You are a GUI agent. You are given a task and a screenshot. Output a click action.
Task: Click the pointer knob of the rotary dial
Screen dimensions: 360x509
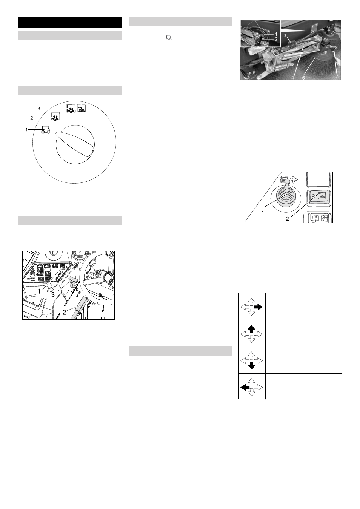pyautogui.click(x=75, y=144)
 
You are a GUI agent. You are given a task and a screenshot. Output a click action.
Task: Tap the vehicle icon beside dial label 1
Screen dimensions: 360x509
pyautogui.click(x=46, y=130)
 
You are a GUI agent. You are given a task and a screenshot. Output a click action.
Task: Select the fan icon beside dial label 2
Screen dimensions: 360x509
pyautogui.click(x=55, y=117)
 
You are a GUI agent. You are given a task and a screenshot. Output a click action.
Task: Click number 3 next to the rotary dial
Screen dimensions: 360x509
pyautogui.click(x=39, y=109)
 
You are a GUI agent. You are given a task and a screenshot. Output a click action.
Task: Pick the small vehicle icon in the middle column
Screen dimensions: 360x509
pyautogui.click(x=169, y=38)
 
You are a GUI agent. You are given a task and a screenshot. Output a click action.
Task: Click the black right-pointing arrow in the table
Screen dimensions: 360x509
pyautogui.click(x=258, y=307)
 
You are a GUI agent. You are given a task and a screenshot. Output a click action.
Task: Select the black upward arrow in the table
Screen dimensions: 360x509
pyautogui.click(x=251, y=329)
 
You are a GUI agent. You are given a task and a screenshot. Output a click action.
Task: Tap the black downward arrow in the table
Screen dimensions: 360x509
pyautogui.click(x=251, y=366)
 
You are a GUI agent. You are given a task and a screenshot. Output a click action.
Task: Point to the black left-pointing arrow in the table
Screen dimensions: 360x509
pyautogui.click(x=245, y=388)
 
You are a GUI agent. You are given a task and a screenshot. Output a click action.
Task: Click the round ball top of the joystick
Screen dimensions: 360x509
pyautogui.click(x=287, y=181)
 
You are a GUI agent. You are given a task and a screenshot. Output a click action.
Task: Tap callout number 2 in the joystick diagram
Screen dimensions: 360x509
pyautogui.click(x=288, y=219)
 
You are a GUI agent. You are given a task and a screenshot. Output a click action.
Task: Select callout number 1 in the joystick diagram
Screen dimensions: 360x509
pyautogui.click(x=263, y=213)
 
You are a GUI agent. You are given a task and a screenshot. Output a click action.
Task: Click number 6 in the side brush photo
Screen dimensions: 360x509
pyautogui.click(x=337, y=78)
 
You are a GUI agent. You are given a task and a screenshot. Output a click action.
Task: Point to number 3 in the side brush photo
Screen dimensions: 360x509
pyautogui.click(x=285, y=36)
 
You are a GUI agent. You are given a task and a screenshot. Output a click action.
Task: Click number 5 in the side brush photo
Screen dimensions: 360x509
pyautogui.click(x=303, y=78)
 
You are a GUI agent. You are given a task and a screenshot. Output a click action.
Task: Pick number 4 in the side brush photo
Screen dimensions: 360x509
pyautogui.click(x=292, y=78)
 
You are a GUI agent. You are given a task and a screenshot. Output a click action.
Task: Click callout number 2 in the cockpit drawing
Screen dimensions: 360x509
pyautogui.click(x=64, y=313)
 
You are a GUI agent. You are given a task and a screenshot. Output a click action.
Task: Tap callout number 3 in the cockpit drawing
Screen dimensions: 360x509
pyautogui.click(x=53, y=295)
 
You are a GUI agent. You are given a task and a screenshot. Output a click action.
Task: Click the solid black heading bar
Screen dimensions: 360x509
pyautogui.click(x=70, y=22)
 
